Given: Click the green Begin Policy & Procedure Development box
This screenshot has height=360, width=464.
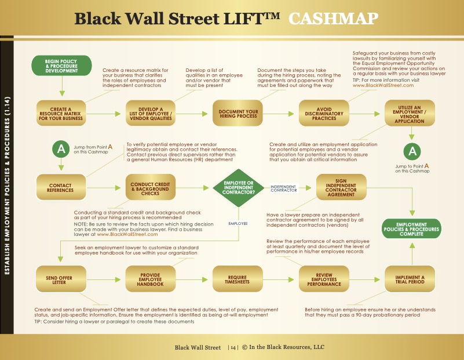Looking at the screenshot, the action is pos(61,66).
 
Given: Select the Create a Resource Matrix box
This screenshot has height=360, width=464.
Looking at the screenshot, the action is pos(61,114).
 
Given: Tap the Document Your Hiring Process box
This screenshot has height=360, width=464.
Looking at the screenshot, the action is pos(238,114).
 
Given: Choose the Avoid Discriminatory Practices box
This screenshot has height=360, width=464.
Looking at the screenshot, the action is pos(324,114).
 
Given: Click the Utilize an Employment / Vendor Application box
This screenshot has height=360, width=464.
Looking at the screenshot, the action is pos(410,114).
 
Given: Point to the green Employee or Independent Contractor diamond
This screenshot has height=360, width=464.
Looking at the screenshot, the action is pos(239,188).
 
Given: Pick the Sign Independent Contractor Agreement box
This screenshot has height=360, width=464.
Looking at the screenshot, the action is pos(341,187).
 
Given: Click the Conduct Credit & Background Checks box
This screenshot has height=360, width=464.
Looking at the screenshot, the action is pos(151,188).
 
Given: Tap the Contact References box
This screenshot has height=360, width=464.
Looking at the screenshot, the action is pos(61,188).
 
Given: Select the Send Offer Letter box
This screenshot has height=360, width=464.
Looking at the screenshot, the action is pos(61,279).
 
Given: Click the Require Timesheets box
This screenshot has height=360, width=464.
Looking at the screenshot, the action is pos(238,279).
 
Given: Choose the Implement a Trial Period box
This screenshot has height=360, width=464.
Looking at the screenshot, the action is pos(410,279).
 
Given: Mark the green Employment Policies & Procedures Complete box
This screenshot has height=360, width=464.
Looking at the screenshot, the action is pos(412,229).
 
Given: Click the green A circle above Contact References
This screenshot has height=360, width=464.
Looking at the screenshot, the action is pos(61,149).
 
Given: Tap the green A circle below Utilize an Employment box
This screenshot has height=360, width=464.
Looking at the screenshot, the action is pos(412,151).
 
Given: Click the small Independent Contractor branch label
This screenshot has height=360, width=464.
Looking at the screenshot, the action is pos(283,188).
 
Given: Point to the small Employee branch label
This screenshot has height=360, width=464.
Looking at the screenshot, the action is pos(238,224).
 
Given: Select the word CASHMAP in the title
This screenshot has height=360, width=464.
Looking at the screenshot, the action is pos(334,19).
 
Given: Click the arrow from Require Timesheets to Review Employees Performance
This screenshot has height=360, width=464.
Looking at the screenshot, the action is pos(278,279).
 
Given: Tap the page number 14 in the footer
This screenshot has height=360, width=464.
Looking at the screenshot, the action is pos(233,348).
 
